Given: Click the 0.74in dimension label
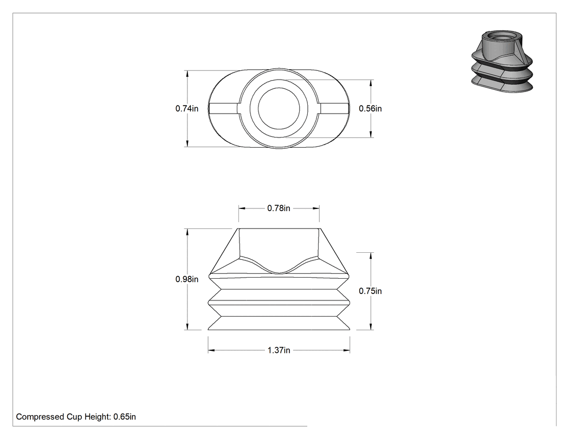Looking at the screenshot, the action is click(187, 108).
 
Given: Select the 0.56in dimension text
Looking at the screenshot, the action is click(370, 108).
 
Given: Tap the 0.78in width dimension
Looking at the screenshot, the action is click(279, 208).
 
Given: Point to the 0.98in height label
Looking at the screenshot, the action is click(187, 279).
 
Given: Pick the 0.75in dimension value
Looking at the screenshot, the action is click(370, 291).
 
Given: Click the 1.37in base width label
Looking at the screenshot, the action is click(279, 350).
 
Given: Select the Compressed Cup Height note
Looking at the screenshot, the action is click(76, 417).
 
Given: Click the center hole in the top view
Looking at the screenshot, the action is click(279, 108).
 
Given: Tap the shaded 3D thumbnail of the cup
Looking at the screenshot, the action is click(502, 61).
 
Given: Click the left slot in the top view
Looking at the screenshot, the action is click(223, 108).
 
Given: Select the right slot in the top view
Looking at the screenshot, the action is click(334, 108).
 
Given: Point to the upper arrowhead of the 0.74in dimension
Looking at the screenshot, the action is click(187, 74).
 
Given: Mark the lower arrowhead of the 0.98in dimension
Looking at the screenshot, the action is click(187, 326).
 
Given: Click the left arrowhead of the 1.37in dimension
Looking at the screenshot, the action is click(211, 350).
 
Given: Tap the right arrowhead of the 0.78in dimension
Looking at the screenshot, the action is click(316, 208).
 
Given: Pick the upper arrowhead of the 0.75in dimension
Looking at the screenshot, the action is click(371, 256).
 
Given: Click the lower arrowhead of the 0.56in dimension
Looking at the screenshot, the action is click(371, 134).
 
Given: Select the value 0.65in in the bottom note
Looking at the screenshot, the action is click(125, 417).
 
